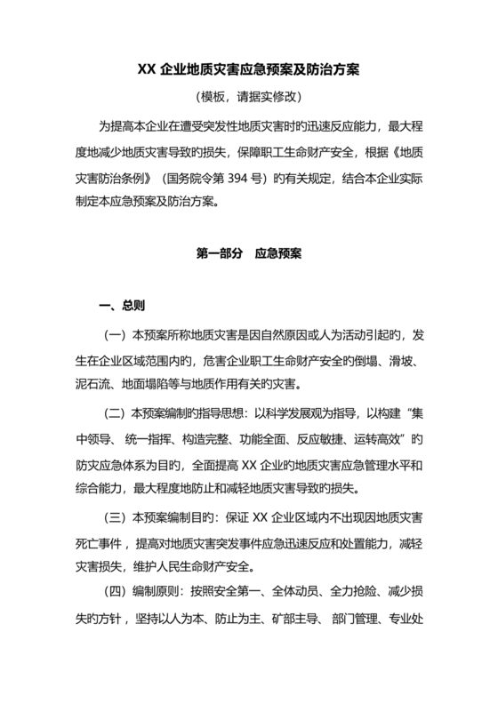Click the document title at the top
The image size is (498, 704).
(x=248, y=69)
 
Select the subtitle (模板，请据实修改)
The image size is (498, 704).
(x=248, y=96)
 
